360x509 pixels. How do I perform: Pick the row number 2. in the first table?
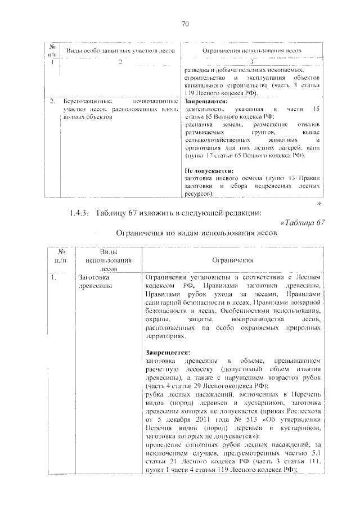(51, 101)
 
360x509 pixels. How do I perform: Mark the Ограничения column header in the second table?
(232, 260)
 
